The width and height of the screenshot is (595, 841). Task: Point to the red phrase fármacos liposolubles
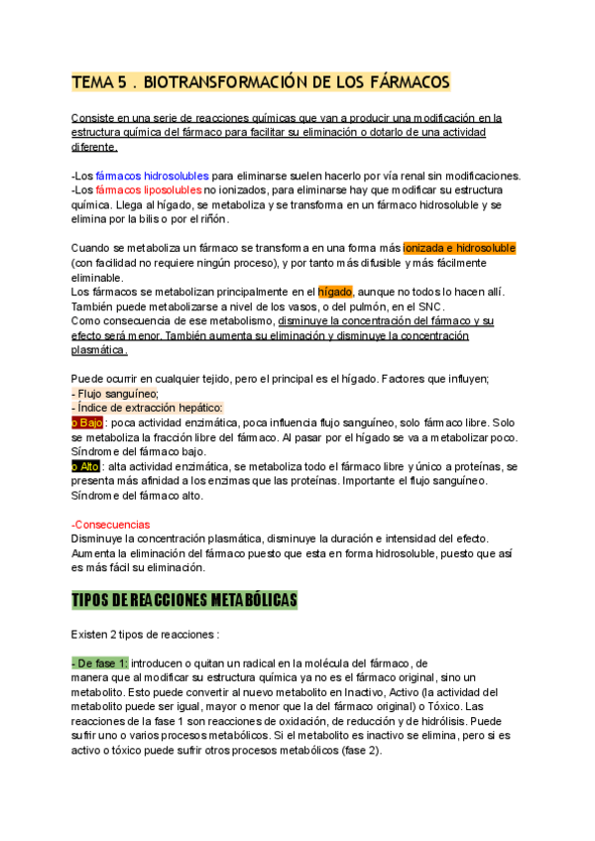[148, 189]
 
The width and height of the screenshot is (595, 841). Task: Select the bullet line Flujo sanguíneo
[109, 394]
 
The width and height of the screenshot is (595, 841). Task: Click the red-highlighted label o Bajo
[88, 422]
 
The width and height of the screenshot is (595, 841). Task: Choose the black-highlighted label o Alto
[87, 466]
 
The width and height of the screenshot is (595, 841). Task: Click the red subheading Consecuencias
[111, 524]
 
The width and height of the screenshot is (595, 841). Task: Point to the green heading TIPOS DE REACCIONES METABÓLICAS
[184, 601]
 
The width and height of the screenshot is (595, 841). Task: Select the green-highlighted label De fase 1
[100, 662]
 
